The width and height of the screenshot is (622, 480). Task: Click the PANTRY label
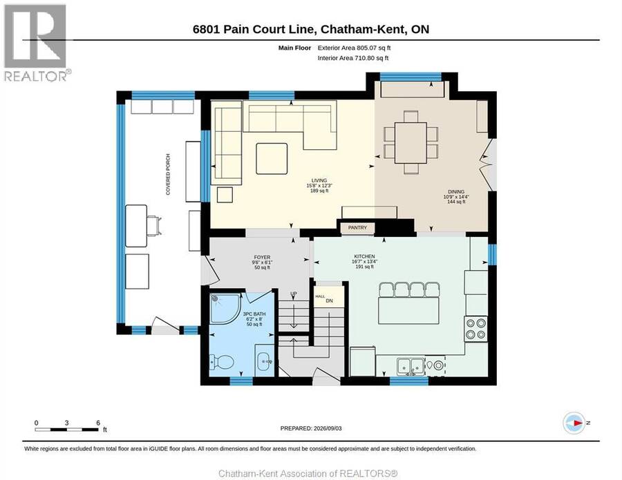pos(357,227)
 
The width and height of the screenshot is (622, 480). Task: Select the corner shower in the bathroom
pos(225,308)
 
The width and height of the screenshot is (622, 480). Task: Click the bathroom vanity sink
pos(264,361)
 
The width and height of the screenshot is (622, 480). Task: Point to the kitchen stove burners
pos(476,329)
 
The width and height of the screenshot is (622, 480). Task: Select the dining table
pos(411,143)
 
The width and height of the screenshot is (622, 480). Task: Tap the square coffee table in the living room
pos(272,159)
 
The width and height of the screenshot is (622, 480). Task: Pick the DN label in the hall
pos(329,301)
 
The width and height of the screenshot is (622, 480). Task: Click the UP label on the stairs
pos(294,294)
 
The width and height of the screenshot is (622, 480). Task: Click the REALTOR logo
pos(36,42)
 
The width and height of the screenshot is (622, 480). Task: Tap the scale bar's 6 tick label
pos(98,423)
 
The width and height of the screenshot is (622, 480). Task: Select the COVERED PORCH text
pos(168,175)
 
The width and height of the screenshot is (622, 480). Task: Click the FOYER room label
pos(262,257)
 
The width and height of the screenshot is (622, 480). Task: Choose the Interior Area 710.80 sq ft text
pos(353,58)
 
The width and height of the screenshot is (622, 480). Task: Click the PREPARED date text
pos(311,428)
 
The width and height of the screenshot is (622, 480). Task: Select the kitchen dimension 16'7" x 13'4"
pos(364,262)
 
